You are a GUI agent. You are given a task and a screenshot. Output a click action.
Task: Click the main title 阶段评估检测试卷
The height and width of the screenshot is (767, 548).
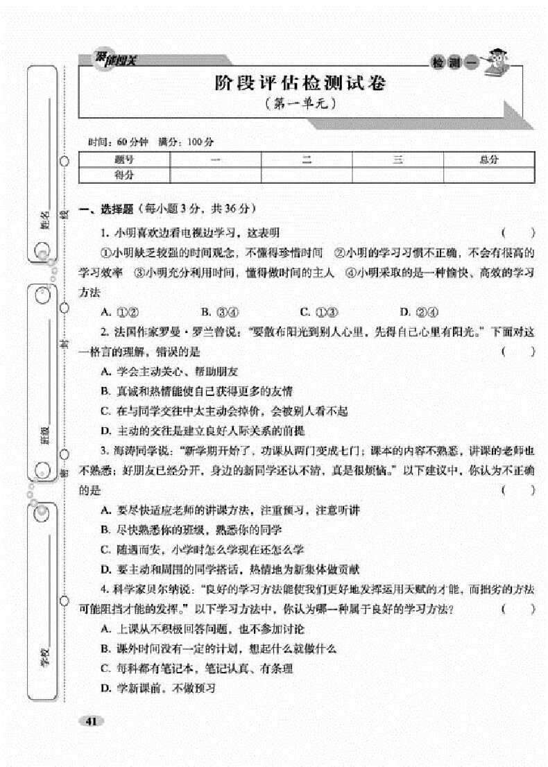(x=300, y=84)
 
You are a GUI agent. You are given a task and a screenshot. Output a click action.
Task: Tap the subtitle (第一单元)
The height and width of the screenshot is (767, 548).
(x=300, y=105)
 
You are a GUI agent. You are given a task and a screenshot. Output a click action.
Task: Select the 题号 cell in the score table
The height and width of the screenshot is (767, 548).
(x=124, y=160)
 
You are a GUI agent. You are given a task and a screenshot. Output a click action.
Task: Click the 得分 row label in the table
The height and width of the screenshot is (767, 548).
(x=124, y=175)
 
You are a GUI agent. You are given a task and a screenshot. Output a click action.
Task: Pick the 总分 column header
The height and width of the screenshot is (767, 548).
(x=488, y=160)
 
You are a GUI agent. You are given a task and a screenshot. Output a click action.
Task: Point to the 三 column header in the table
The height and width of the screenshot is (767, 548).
(x=397, y=160)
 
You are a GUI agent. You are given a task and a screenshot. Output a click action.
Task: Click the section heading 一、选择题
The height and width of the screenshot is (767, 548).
(x=104, y=208)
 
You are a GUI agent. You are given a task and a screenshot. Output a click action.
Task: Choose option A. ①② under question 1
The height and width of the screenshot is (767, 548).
(x=121, y=311)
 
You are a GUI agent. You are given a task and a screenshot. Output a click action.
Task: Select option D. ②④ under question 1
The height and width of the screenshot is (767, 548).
(x=420, y=311)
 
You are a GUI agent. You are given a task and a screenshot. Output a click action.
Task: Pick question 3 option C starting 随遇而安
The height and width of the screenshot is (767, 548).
(x=202, y=550)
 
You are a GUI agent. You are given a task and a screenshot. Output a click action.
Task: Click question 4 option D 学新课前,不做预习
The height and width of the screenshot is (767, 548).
(x=159, y=689)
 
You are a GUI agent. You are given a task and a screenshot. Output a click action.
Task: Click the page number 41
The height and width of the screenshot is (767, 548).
(x=91, y=721)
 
